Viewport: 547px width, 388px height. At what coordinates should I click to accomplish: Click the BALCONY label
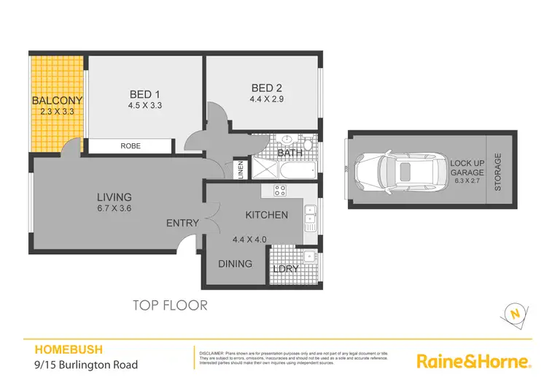click(x=57, y=100)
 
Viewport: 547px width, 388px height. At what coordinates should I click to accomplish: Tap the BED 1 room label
click(x=144, y=94)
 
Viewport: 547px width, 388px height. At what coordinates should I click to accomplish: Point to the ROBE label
click(x=131, y=146)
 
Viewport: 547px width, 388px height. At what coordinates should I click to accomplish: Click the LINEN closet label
click(x=240, y=170)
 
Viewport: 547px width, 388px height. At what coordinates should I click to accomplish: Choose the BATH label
click(x=290, y=153)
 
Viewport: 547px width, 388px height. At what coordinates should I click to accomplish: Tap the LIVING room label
click(x=115, y=197)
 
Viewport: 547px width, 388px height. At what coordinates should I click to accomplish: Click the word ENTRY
click(x=182, y=223)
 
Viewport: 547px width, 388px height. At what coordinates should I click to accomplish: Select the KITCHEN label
click(x=266, y=215)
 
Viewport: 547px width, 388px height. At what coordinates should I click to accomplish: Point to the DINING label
click(x=235, y=264)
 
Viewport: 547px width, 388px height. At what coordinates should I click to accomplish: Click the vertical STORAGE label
click(x=499, y=172)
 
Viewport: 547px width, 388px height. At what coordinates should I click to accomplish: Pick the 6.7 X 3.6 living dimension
click(x=115, y=208)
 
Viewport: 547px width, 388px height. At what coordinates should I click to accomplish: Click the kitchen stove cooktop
click(x=279, y=191)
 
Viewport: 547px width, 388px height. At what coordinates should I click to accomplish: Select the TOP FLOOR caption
click(x=169, y=305)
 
